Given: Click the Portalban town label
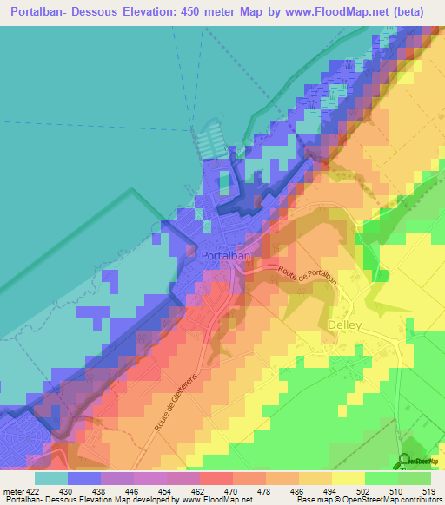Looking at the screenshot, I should click(226, 257).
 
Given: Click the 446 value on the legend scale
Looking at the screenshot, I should click(134, 491).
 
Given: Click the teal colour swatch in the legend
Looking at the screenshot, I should click(51, 478).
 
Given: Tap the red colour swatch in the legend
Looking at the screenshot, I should click(216, 478).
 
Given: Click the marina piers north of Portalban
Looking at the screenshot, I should click(209, 143).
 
